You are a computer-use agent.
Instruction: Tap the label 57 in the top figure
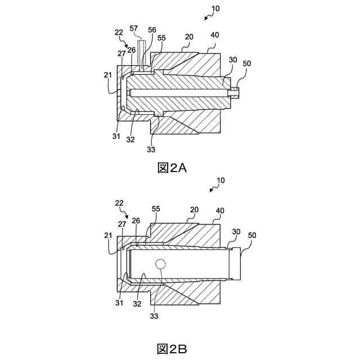[x=133, y=28]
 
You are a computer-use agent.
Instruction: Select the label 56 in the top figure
[x=152, y=29]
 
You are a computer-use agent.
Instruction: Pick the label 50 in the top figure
[x=246, y=64]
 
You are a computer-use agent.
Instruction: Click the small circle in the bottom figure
[x=161, y=264]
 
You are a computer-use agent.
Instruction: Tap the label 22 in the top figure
[x=119, y=33]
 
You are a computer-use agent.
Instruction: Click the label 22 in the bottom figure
[x=119, y=202]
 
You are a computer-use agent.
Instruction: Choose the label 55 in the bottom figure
[x=156, y=209]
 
